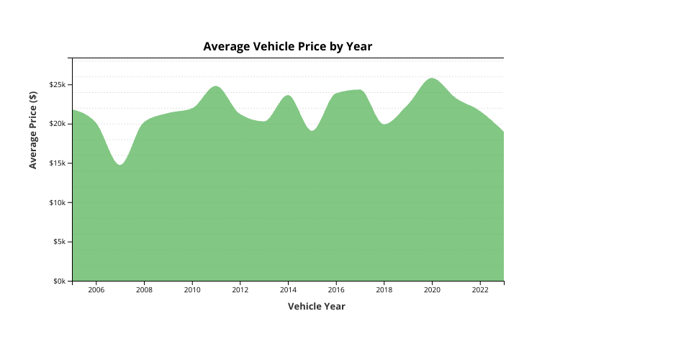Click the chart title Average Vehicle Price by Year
point(287,47)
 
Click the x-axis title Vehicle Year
point(316,306)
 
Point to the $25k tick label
point(58,85)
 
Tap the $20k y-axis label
point(58,124)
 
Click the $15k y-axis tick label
point(58,163)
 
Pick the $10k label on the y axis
point(58,202)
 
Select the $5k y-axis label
point(59,242)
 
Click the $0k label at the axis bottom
point(59,281)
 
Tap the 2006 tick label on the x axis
point(96,290)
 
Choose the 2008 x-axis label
point(144,290)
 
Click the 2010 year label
point(192,290)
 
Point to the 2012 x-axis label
point(240,290)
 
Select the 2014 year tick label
point(288,290)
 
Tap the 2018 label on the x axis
point(384,290)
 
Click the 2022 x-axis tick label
point(480,290)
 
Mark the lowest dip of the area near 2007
point(120,165)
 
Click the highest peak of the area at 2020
point(432,78)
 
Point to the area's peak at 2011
point(216,86)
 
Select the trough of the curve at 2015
point(312,131)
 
